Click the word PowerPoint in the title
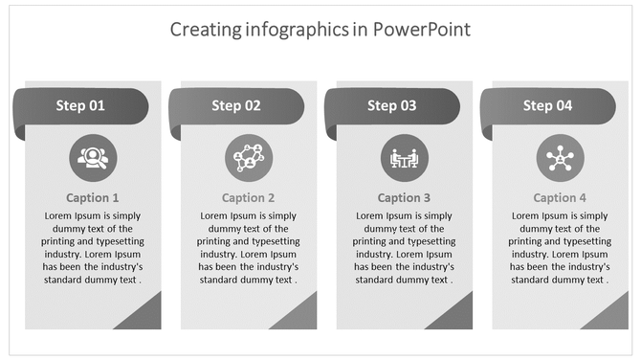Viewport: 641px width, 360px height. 421,29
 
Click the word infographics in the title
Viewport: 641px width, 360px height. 295,30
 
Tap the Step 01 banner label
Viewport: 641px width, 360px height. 80,105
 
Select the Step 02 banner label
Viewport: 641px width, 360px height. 236,105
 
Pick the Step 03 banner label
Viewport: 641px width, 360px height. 392,105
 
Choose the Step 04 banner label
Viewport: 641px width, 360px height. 547,105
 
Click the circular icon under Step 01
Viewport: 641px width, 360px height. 93,158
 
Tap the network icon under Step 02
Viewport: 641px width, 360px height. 249,158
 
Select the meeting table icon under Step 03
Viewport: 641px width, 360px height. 405,158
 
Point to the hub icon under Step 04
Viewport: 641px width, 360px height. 560,158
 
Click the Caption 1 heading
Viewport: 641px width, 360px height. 93,198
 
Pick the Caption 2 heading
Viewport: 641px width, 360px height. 249,198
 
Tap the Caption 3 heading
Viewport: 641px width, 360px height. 405,198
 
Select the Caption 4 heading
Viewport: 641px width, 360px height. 560,198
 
